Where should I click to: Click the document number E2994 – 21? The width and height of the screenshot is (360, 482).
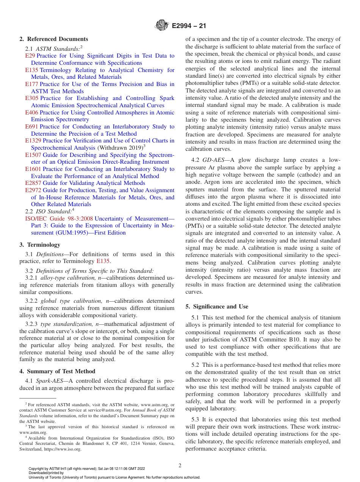click(x=189, y=26)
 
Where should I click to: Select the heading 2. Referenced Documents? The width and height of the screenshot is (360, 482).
click(x=54, y=39)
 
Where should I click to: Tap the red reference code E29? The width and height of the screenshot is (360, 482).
click(x=30, y=56)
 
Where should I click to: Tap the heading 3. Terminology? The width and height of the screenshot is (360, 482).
click(x=40, y=245)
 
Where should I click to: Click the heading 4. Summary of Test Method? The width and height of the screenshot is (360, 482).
click(x=57, y=371)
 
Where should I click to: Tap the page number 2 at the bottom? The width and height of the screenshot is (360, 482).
click(x=180, y=466)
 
